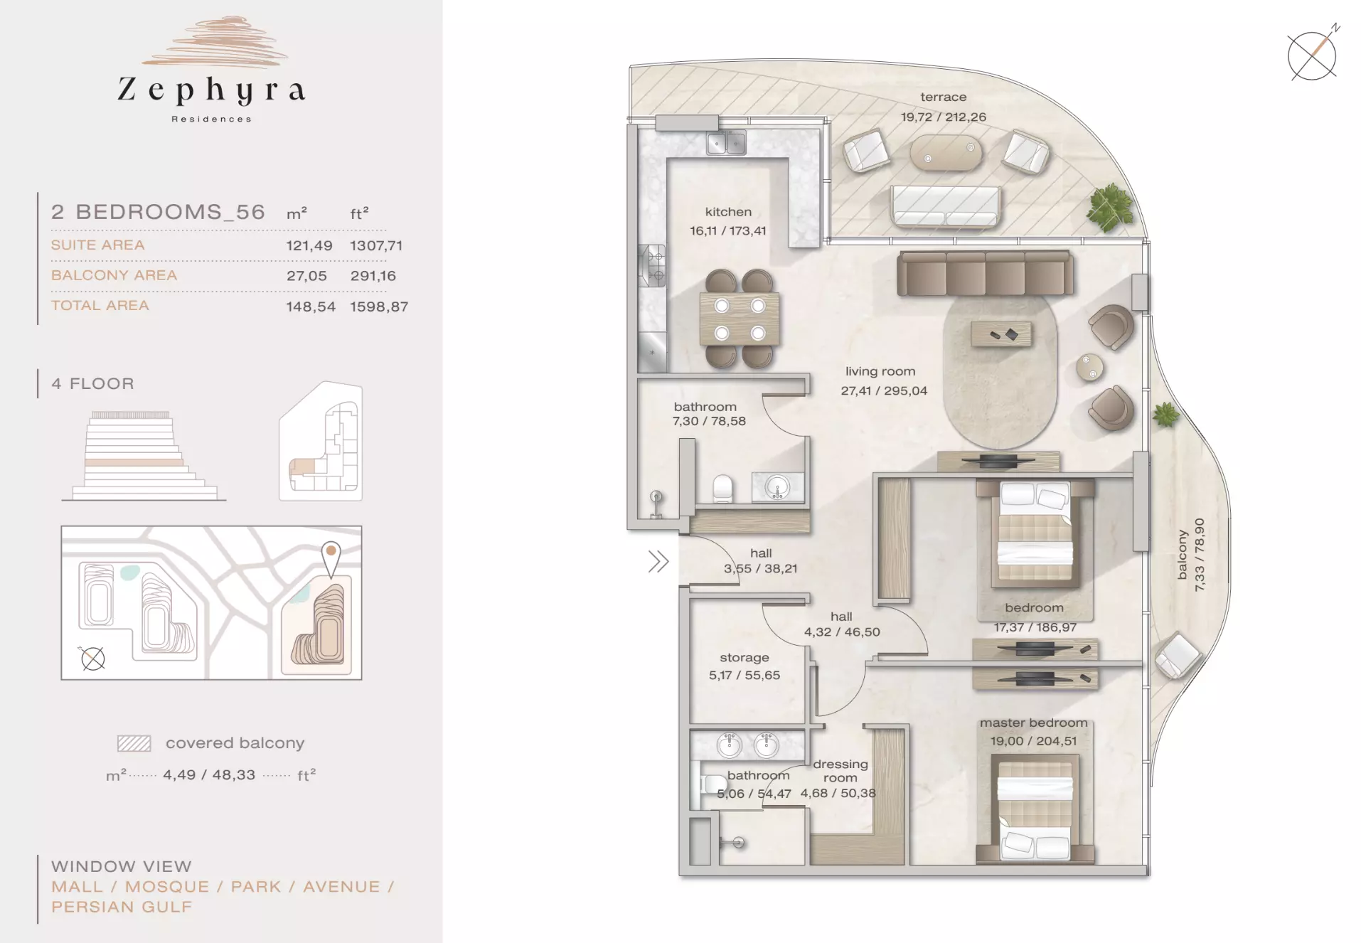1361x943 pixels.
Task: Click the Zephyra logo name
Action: (x=212, y=90)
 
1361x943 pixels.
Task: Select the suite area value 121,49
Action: (x=309, y=245)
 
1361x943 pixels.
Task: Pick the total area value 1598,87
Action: (x=379, y=307)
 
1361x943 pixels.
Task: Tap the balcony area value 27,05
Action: (x=306, y=276)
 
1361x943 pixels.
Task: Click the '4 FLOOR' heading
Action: (x=92, y=384)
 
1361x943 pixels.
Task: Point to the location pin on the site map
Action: (x=331, y=559)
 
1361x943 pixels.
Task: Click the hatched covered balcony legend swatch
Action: (x=134, y=744)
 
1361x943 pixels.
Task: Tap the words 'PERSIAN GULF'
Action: (x=122, y=907)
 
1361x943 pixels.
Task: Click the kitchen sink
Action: (x=726, y=143)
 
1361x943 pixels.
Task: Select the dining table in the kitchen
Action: (x=740, y=319)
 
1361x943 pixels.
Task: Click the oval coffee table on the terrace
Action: (x=946, y=153)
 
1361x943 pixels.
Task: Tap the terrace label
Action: (x=943, y=97)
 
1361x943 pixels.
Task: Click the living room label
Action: (x=880, y=371)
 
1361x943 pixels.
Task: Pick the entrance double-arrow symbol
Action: (x=658, y=562)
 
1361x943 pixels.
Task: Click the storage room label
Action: (x=744, y=658)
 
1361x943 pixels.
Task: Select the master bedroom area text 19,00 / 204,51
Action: (x=1033, y=741)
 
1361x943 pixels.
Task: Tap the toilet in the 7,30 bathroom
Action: (x=722, y=489)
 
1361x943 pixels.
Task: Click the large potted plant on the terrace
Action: (x=1110, y=207)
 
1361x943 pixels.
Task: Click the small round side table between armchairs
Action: (x=1089, y=368)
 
